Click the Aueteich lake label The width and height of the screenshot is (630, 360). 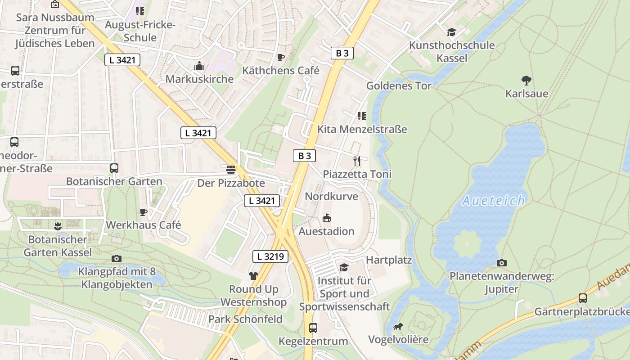tap(493, 200)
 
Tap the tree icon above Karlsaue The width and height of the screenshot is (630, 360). tap(526, 81)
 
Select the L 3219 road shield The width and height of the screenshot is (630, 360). tap(270, 256)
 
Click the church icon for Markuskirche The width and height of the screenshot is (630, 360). tap(199, 66)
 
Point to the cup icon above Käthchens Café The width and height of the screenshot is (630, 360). tap(281, 57)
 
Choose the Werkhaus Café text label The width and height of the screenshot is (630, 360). tap(143, 225)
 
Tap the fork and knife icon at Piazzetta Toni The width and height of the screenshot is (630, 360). tap(357, 161)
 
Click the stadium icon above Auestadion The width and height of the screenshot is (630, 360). tap(327, 218)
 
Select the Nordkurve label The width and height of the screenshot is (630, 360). tap(331, 196)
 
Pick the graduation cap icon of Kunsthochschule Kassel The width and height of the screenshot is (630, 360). tap(451, 32)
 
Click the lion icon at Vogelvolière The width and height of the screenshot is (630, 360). tap(398, 326)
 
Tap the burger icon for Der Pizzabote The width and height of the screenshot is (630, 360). tap(231, 170)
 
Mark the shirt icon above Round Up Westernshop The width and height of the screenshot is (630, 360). tap(253, 276)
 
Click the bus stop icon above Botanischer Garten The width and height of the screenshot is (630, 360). tap(114, 168)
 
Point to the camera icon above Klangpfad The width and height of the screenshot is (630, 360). tap(117, 258)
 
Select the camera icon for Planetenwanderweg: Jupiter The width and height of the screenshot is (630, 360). tap(502, 263)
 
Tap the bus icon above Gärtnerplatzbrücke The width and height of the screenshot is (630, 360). tap(583, 298)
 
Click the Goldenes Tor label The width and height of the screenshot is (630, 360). tap(399, 85)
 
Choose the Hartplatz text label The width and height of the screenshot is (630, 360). tap(389, 260)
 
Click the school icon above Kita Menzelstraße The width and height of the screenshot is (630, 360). tap(361, 116)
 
